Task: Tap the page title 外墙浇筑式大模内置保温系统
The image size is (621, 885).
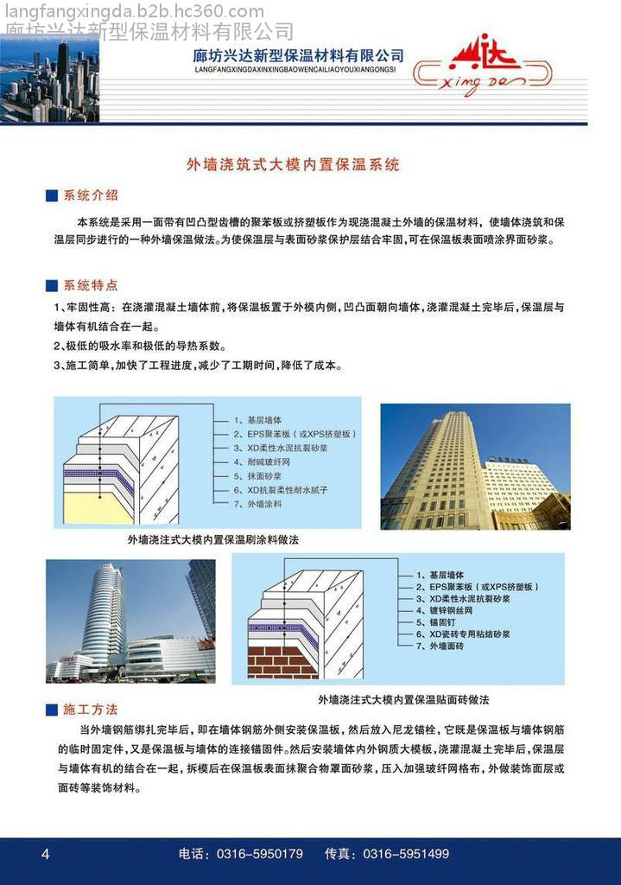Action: (294, 164)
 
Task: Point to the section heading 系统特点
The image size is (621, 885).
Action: (91, 285)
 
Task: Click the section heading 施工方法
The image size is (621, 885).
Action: (91, 710)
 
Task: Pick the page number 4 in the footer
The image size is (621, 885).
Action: (46, 854)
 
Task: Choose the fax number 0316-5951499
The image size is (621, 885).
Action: (405, 854)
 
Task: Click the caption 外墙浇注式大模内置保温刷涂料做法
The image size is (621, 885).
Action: (212, 539)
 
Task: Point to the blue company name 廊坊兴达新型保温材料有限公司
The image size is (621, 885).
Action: (298, 55)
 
